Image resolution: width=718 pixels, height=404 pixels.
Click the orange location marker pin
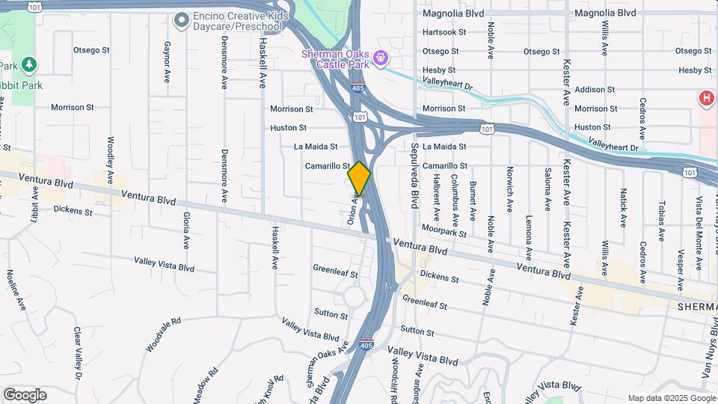[x=359, y=178]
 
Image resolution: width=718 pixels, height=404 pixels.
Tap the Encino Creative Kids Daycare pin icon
[x=180, y=20]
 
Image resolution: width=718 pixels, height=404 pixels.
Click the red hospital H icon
[x=705, y=98]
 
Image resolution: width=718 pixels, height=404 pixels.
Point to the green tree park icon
[x=28, y=65]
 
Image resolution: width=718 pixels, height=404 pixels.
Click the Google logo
[x=25, y=395]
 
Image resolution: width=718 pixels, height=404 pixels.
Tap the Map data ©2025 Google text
[x=671, y=398]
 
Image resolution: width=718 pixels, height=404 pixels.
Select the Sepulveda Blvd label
[x=414, y=174]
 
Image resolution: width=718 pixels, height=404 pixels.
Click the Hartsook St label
[x=444, y=32]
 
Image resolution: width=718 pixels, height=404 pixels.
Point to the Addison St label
[x=595, y=89]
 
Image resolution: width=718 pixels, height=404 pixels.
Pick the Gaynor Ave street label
[x=166, y=62]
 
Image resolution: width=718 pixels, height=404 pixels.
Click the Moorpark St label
[x=444, y=230]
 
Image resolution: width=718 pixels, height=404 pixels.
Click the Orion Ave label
[x=353, y=209]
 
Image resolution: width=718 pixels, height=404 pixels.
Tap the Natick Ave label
[x=623, y=207]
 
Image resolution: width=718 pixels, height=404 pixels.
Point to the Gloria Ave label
[x=185, y=230]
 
